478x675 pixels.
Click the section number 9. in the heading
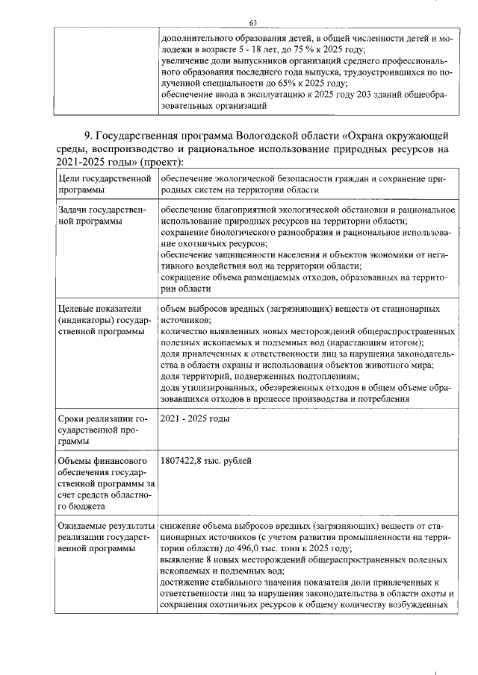[x=90, y=135]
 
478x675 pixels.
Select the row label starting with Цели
[x=104, y=183]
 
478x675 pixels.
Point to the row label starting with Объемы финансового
[x=104, y=483]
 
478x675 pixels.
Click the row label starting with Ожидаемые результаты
[x=105, y=537]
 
